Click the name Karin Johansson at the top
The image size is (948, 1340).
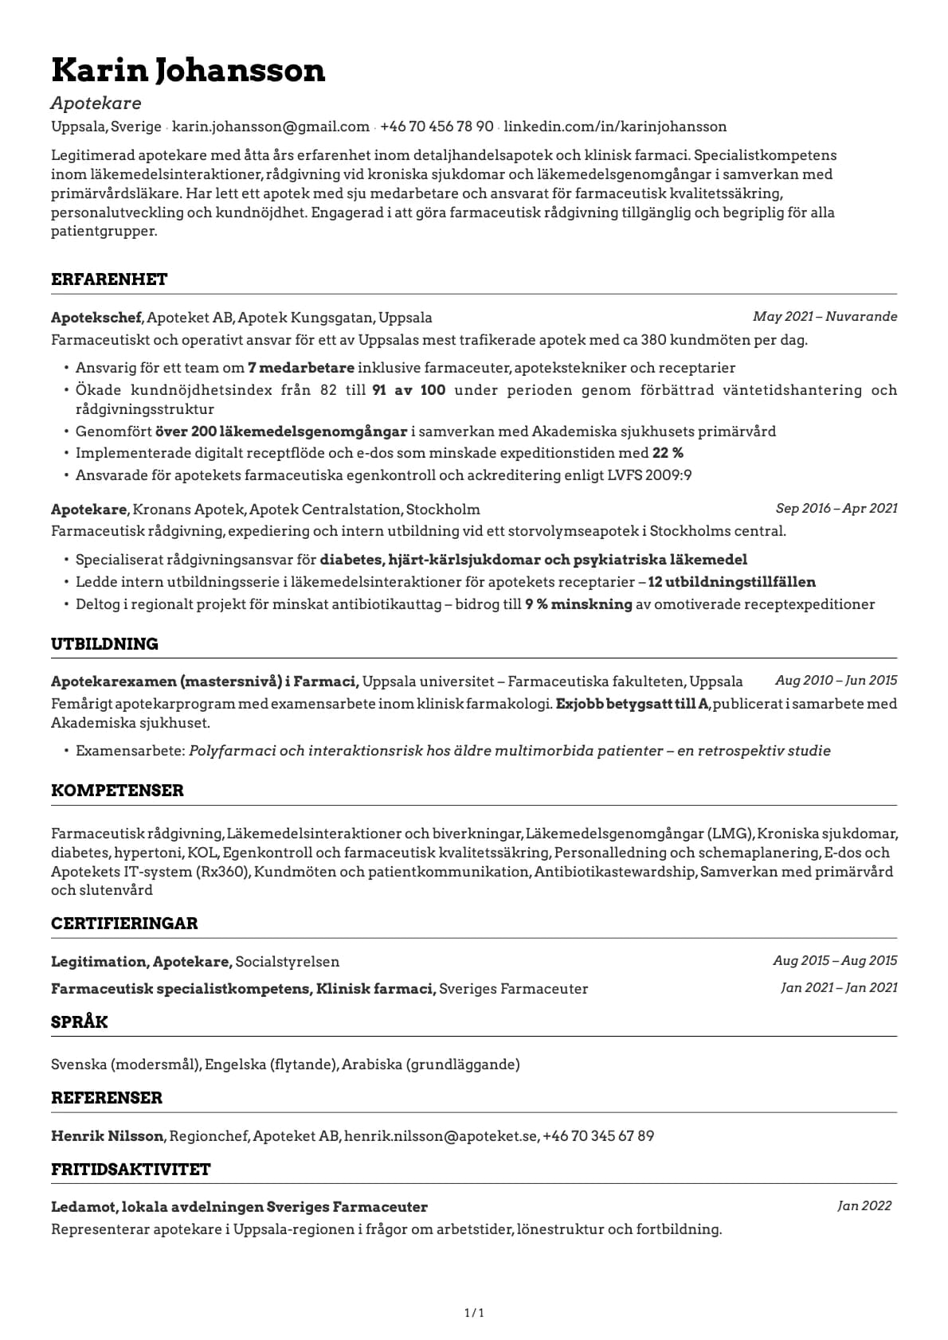pos(188,70)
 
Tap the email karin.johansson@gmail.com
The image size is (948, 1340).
pos(271,127)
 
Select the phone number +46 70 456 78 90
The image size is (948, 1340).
pos(437,127)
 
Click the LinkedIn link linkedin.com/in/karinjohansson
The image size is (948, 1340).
pos(615,127)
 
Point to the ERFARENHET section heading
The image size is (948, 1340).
pos(109,279)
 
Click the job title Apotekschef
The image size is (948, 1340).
pos(96,318)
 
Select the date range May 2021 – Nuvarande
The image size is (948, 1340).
pos(825,317)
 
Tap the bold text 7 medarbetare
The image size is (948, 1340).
pos(300,368)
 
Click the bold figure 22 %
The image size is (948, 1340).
pos(668,453)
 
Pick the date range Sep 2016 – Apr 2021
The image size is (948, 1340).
pos(836,508)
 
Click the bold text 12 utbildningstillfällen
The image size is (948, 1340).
pos(731,582)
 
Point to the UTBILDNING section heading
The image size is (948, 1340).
pos(104,644)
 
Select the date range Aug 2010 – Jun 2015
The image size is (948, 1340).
pos(836,680)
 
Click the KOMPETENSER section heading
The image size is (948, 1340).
pos(117,791)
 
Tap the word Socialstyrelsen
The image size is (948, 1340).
pos(288,962)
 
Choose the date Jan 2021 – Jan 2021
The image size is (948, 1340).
pos(839,987)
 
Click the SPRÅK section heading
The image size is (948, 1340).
pos(79,1022)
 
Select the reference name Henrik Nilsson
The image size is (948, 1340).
pos(108,1136)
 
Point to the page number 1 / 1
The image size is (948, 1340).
pos(474,1313)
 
